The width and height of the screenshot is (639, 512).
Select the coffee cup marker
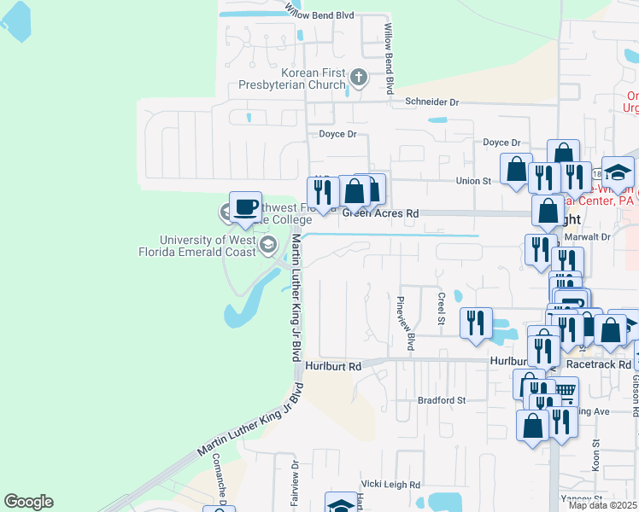(245, 207)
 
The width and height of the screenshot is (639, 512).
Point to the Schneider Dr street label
(431, 102)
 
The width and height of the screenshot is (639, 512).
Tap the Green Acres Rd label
(381, 213)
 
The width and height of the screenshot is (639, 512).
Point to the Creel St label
(442, 310)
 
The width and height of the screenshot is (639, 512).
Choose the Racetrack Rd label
(595, 363)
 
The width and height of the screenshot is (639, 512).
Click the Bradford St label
(441, 399)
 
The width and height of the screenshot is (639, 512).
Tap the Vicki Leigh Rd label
(390, 484)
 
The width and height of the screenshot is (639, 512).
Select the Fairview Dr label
(294, 484)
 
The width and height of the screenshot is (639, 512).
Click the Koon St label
(595, 451)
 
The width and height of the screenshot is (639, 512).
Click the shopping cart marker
(564, 392)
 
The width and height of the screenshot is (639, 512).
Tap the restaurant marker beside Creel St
(476, 323)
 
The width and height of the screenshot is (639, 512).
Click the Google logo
(28, 502)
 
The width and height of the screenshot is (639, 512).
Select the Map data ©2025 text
(602, 505)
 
